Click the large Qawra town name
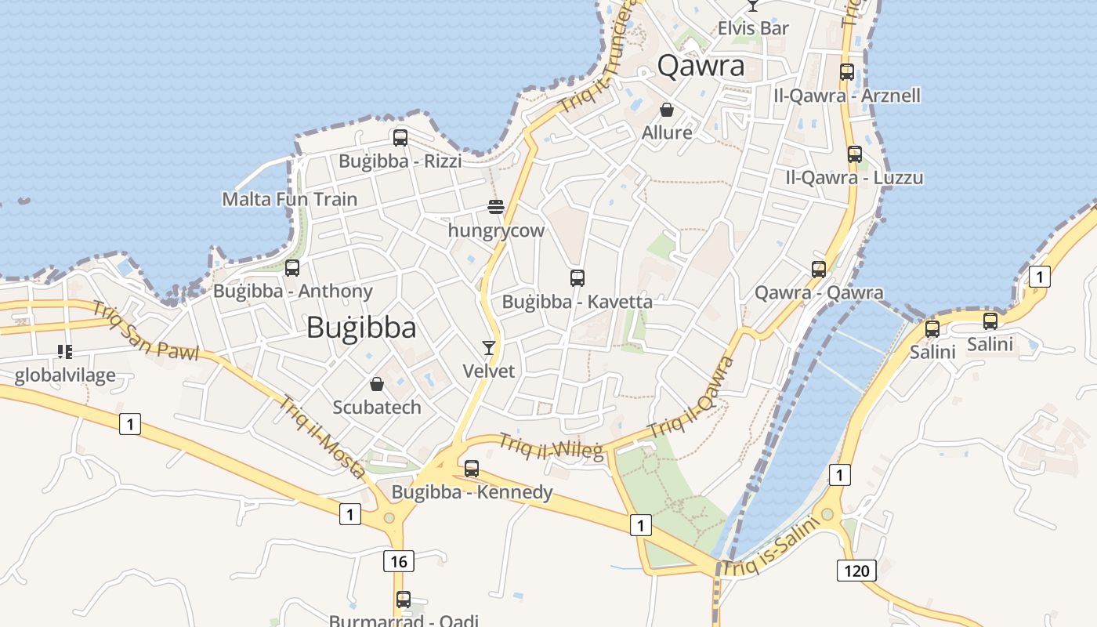[x=701, y=66]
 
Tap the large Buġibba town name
[x=360, y=327]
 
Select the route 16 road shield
[x=399, y=561]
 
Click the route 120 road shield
[x=856, y=570]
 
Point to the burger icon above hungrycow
[x=495, y=207]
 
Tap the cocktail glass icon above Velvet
[x=489, y=347]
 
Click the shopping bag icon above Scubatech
[x=377, y=384]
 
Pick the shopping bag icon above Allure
[x=667, y=110]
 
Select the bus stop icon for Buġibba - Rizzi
[x=400, y=138]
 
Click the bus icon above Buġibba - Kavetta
[x=577, y=277]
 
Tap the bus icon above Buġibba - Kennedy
[x=472, y=469]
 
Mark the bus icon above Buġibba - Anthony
[x=292, y=268]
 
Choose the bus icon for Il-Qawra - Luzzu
[x=855, y=154]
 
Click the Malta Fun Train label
[x=290, y=199]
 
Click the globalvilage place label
[x=65, y=375]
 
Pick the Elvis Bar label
[x=753, y=28]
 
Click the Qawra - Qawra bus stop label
[x=819, y=293]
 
